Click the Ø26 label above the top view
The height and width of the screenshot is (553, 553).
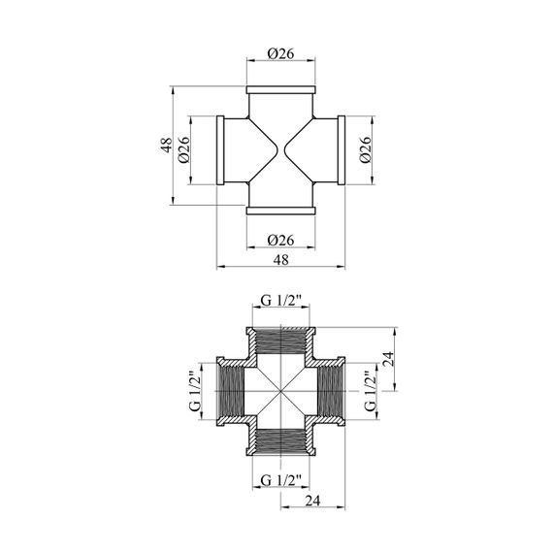(280, 53)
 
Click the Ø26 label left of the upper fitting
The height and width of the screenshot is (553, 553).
(184, 149)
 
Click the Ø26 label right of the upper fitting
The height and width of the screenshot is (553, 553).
(366, 149)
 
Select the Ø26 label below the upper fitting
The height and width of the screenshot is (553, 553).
(280, 241)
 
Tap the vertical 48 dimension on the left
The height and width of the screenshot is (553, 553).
(167, 145)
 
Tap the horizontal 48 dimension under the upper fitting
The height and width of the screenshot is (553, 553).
(280, 260)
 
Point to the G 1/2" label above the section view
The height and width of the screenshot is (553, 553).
(280, 301)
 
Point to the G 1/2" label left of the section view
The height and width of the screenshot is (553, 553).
(195, 391)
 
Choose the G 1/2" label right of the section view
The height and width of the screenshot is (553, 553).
(371, 391)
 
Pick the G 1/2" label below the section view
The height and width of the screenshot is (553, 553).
(280, 480)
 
